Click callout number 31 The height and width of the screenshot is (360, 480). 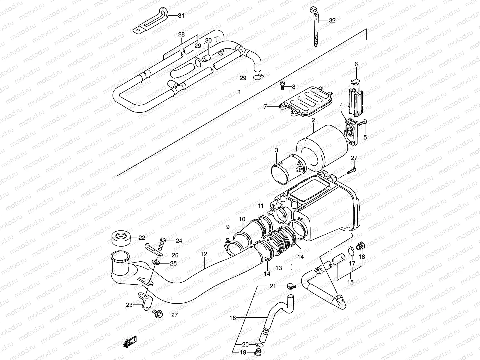click(x=181, y=16)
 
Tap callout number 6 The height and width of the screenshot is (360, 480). click(x=356, y=64)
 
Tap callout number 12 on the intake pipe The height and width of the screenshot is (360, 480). click(x=204, y=254)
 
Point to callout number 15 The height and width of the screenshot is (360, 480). click(x=350, y=282)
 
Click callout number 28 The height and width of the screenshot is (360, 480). click(x=181, y=34)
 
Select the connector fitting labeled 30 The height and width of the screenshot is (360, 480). click(x=205, y=58)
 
